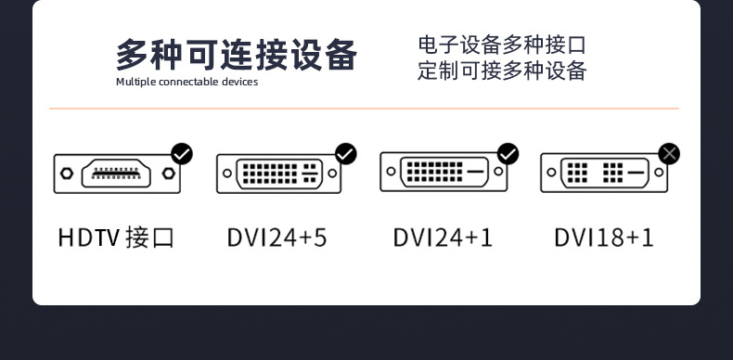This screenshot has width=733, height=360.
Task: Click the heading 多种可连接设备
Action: coord(236,55)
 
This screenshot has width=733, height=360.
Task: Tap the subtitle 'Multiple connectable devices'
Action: coord(186,82)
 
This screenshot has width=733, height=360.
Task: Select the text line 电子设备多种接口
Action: coord(502,45)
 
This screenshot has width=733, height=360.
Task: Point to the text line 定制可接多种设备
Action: coord(502,71)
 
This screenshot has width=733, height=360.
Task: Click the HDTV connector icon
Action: coord(116,174)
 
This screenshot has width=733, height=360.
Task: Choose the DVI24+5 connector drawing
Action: coord(279,174)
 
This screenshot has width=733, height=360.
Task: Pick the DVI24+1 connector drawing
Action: coord(444,172)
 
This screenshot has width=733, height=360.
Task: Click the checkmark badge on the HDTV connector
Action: coord(182,153)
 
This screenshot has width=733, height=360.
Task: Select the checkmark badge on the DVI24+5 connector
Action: coord(345,153)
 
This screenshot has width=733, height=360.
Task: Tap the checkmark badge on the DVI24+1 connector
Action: coord(508,153)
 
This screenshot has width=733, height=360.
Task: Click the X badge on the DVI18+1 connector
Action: coord(669,153)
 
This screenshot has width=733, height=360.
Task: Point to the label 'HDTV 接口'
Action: coord(116,238)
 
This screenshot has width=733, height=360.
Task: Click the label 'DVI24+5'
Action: coord(276,238)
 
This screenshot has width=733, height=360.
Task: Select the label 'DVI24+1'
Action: coord(443,238)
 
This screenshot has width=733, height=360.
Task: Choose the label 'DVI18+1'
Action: coord(604,238)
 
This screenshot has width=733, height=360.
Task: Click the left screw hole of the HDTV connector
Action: coord(66,174)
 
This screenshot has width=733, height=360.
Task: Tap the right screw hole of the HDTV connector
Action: coord(167,174)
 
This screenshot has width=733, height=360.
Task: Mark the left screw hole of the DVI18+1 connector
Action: coord(551,173)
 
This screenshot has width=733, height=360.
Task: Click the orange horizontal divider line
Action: coord(365,109)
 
